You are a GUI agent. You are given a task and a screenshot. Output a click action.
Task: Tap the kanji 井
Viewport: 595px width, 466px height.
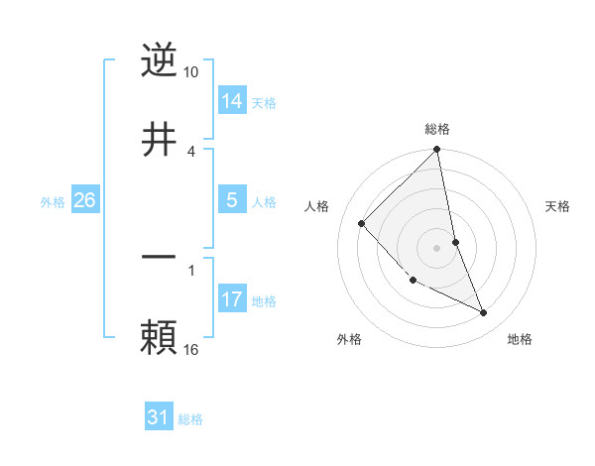click(x=160, y=139)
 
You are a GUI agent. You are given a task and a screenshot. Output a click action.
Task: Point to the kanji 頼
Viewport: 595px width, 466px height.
click(x=160, y=337)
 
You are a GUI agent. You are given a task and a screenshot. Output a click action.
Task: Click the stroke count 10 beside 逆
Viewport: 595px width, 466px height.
click(x=191, y=72)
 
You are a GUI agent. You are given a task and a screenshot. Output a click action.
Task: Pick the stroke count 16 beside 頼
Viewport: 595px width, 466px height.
click(x=191, y=349)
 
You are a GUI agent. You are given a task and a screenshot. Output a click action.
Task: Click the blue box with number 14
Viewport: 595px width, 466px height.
click(x=232, y=100)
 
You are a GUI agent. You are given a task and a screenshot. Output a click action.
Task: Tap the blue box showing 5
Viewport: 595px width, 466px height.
click(x=232, y=200)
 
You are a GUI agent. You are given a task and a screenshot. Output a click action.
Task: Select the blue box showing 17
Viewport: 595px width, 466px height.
click(x=232, y=299)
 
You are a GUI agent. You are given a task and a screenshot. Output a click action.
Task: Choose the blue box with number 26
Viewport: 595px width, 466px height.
click(x=84, y=200)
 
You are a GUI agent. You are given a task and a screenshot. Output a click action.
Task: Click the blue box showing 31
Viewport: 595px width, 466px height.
click(x=159, y=417)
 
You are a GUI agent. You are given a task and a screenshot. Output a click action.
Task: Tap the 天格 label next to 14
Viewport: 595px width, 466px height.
click(x=264, y=103)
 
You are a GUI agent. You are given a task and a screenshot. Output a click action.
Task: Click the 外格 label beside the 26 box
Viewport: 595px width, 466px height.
click(x=53, y=202)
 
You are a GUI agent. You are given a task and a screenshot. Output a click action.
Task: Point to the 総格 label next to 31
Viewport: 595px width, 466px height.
click(x=190, y=419)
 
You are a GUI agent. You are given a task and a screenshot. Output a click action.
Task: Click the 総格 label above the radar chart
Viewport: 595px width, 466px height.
click(x=437, y=129)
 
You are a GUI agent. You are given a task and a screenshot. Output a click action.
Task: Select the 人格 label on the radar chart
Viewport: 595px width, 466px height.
click(x=317, y=206)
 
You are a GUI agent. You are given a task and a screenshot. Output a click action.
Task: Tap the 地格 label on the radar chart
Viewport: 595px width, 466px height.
click(x=520, y=339)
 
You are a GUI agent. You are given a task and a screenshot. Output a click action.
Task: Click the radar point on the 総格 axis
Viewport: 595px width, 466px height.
click(x=437, y=151)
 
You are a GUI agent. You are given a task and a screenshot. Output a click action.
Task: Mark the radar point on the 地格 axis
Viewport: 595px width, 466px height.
click(x=484, y=312)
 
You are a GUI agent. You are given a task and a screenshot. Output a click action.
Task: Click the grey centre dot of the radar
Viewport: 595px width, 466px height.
click(x=437, y=247)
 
